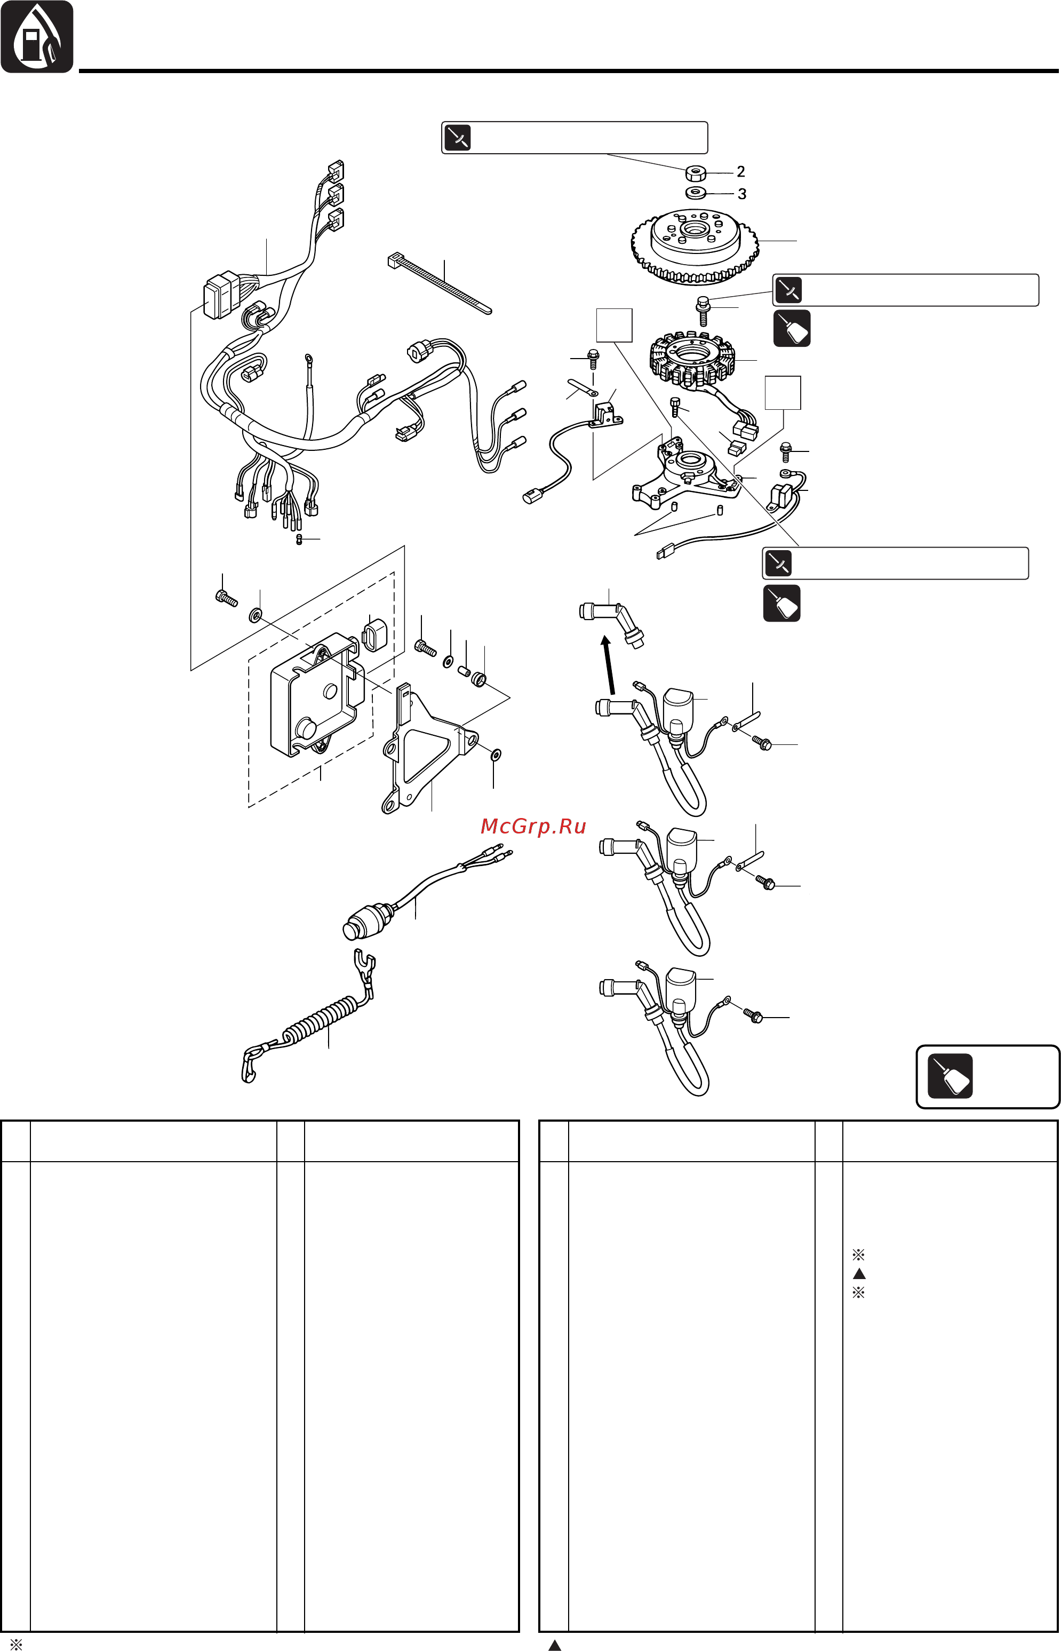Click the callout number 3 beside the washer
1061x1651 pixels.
point(742,194)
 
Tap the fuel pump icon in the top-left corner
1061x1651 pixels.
point(36,36)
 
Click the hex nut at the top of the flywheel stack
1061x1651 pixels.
point(696,172)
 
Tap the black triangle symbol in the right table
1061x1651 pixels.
point(858,1273)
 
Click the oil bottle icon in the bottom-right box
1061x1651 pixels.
point(950,1076)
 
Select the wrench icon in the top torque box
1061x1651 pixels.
point(458,137)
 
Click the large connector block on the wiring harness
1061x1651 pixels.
point(220,296)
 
